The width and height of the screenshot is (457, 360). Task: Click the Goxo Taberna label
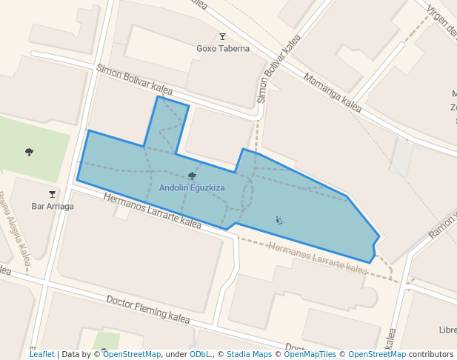coord(223,49)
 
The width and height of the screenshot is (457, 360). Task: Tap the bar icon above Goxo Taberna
coord(223,36)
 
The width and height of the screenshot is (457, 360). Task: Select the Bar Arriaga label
coord(52,206)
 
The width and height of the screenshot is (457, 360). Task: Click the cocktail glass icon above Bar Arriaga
coord(52,194)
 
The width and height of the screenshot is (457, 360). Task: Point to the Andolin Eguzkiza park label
coord(192,188)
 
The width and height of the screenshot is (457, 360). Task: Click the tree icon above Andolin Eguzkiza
coord(193,176)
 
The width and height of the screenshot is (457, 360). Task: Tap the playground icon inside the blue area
coord(279,219)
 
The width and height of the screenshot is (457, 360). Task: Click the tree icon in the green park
coord(29,152)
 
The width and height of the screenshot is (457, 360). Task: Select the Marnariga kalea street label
coord(333,92)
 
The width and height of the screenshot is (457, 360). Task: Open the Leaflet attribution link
coord(42,355)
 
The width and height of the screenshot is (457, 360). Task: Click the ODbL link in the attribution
coord(200,355)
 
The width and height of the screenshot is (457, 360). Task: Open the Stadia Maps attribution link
coord(249,355)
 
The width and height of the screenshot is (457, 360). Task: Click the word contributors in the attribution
coord(431,355)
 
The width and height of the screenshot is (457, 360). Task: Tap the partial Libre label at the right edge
coord(447,330)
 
